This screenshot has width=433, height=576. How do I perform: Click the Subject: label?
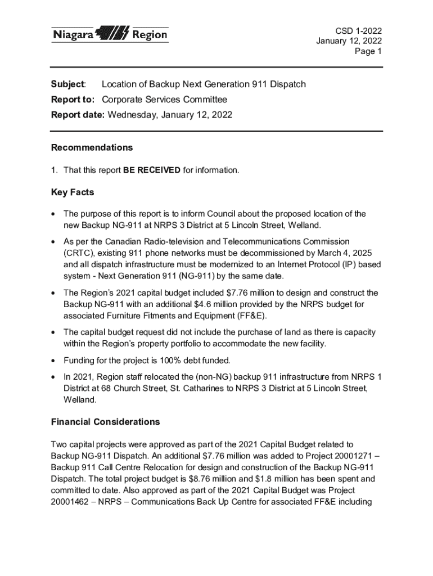(68, 84)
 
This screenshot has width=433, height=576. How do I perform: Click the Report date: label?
(78, 115)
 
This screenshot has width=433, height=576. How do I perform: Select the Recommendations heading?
(92, 147)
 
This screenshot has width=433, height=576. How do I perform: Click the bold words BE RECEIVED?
(152, 170)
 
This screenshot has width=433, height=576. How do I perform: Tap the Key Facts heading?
(73, 192)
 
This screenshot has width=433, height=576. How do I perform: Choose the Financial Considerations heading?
(105, 422)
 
